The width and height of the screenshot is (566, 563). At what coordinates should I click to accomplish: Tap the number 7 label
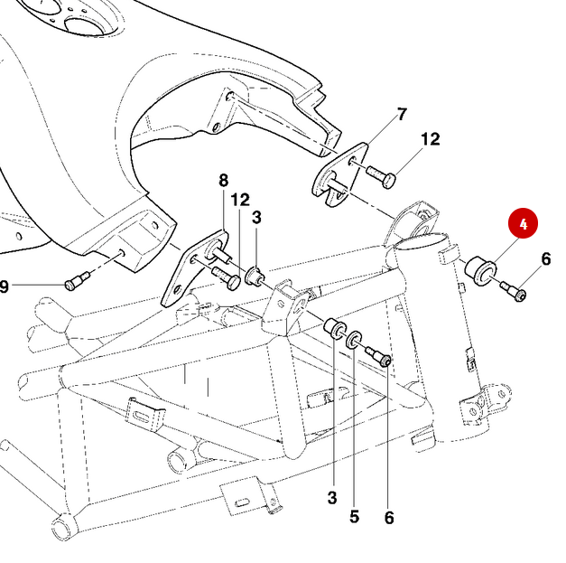pos(402,114)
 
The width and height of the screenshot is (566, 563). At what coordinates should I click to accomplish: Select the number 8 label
pos(224,181)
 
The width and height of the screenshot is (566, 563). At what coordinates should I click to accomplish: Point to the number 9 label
pos(5,286)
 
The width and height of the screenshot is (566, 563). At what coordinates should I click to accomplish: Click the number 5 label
pos(355,517)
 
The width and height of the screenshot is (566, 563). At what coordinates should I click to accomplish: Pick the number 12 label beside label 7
pos(431,139)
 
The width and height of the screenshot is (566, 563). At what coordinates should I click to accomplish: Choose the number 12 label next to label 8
pos(239,199)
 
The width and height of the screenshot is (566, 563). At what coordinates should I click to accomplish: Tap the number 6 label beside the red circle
pos(545,260)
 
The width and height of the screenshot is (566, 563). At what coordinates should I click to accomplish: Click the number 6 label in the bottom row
pos(389,518)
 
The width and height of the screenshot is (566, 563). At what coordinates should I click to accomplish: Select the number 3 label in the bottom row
pos(332,497)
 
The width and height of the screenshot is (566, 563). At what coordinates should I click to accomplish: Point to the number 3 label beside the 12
pos(256,217)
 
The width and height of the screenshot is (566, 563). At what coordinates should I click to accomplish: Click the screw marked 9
pos(74,283)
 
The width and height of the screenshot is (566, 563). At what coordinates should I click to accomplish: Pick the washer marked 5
pos(355,340)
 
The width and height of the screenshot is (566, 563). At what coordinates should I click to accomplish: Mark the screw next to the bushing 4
pos(515,292)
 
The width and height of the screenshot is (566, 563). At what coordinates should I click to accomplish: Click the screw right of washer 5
pos(380,359)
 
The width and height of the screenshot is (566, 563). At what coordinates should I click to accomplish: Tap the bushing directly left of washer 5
pos(334,328)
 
